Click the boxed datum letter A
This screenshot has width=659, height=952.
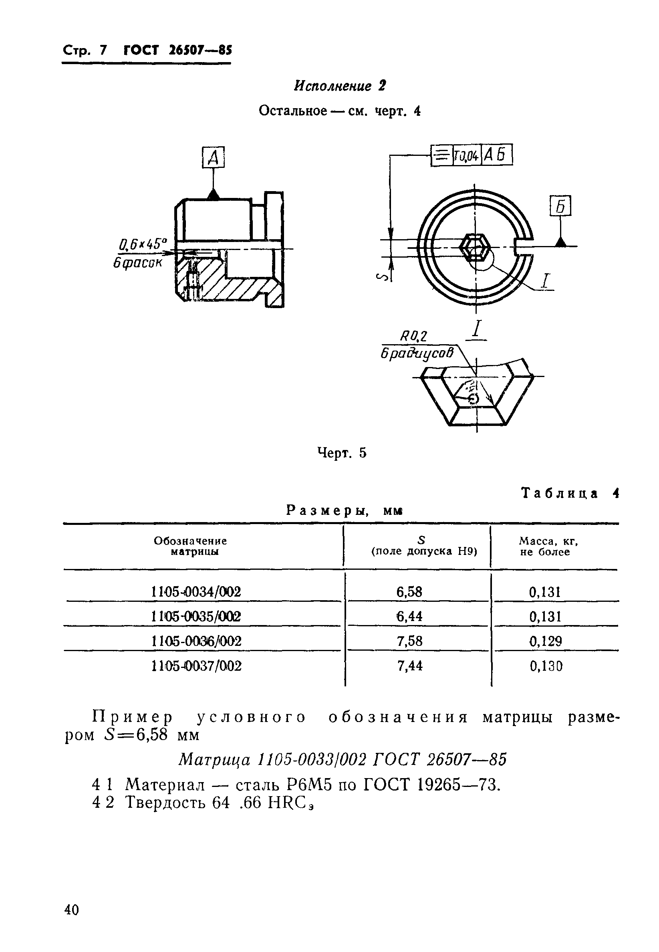point(213,158)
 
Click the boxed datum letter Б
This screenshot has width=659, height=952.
point(560,206)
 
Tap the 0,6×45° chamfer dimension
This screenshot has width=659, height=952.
point(143,244)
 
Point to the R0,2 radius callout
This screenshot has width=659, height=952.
point(413,337)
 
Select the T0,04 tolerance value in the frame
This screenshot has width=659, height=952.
point(467,156)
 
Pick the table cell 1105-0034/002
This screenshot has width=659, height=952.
point(196,591)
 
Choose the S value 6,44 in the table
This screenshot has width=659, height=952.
point(409,616)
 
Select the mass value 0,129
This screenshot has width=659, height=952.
point(546,641)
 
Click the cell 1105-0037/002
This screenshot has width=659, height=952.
point(196,666)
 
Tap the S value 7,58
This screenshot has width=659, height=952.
point(409,641)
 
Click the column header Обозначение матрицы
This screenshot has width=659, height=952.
point(190,546)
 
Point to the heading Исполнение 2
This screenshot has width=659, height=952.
point(339,86)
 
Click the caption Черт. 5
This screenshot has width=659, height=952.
point(341,453)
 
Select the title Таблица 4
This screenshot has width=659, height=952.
point(570,493)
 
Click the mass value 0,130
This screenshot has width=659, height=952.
point(546,666)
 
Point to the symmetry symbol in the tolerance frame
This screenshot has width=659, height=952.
point(442,156)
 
